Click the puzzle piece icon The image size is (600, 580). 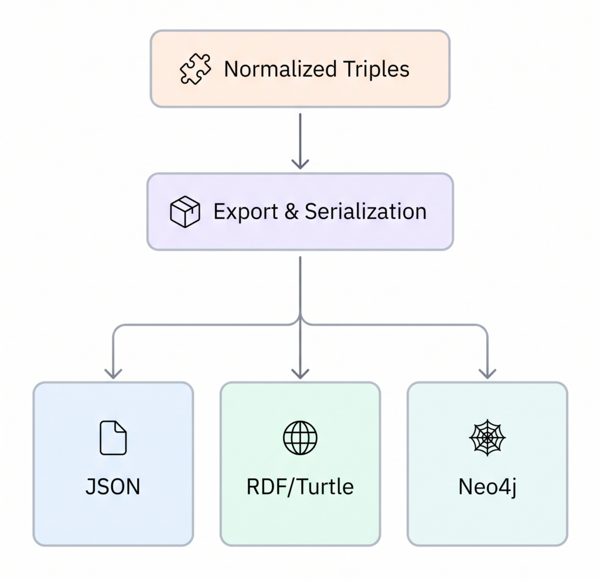click(195, 69)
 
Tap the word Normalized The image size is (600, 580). click(281, 69)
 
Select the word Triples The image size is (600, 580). click(377, 70)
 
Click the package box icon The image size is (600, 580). click(185, 211)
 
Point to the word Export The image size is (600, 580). click(246, 212)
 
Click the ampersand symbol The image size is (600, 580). click(292, 211)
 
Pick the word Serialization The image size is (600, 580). click(366, 211)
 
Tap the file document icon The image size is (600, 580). click(113, 438)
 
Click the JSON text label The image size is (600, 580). click(113, 487)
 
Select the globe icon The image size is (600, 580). click(300, 438)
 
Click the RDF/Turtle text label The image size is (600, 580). click(300, 487)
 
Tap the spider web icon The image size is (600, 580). click(487, 438)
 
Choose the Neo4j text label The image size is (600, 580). click(487, 487)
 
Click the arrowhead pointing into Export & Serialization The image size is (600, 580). click(301, 164)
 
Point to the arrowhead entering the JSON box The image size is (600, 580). click(113, 374)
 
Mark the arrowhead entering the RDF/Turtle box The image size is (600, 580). click(301, 374)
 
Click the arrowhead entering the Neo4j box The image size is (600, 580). click(487, 374)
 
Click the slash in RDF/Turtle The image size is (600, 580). click(291, 487)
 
